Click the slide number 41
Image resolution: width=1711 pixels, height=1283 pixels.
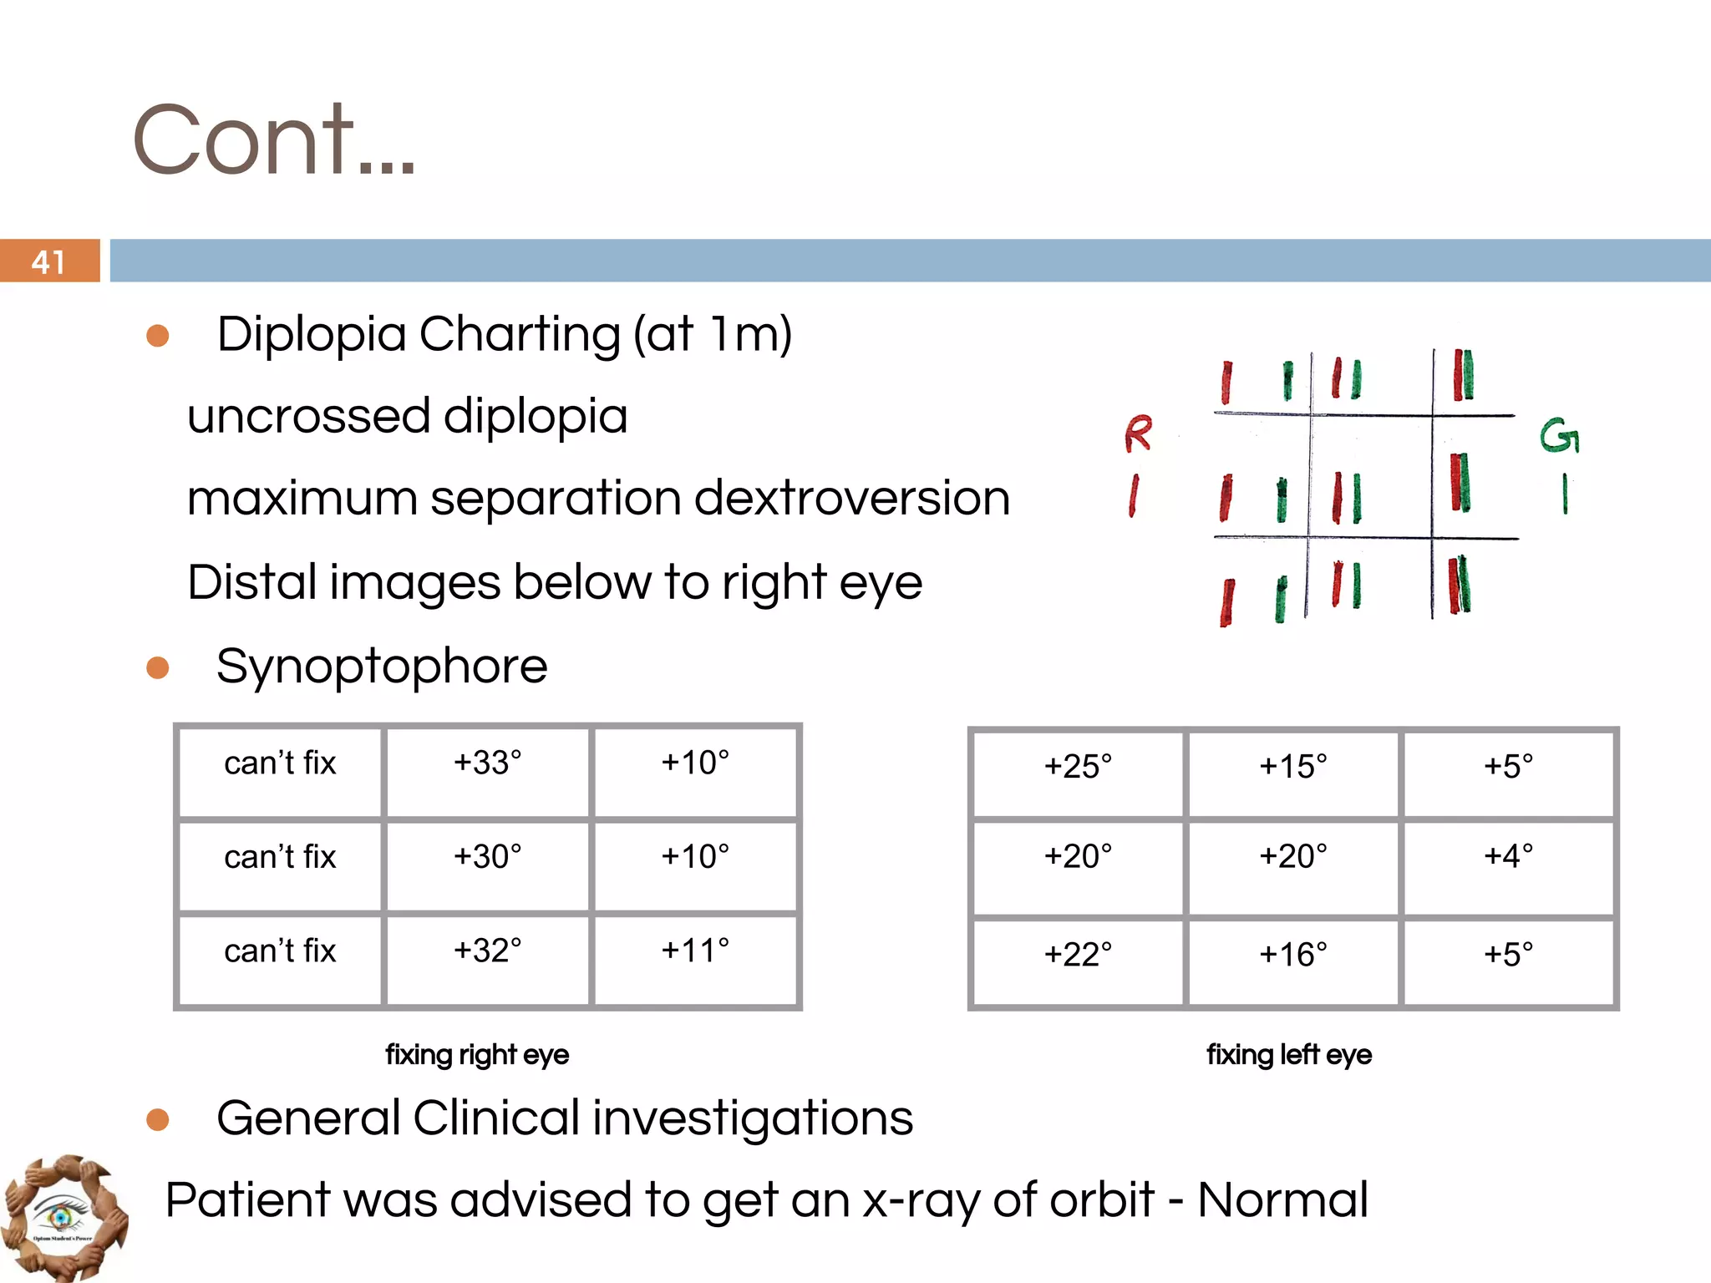point(48,262)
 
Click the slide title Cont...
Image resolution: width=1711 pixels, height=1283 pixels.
point(273,139)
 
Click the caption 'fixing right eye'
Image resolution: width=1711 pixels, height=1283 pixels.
point(477,1055)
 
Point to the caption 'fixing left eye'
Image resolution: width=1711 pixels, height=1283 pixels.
point(1289,1055)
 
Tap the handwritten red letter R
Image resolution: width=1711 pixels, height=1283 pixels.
point(1137,434)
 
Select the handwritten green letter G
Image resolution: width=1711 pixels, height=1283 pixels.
point(1559,436)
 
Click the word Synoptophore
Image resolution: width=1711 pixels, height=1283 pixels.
point(382,667)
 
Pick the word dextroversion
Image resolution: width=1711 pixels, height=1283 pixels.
point(851,499)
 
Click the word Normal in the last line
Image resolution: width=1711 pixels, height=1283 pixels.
point(1282,1200)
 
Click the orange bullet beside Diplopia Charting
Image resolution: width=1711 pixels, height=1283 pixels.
point(158,336)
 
